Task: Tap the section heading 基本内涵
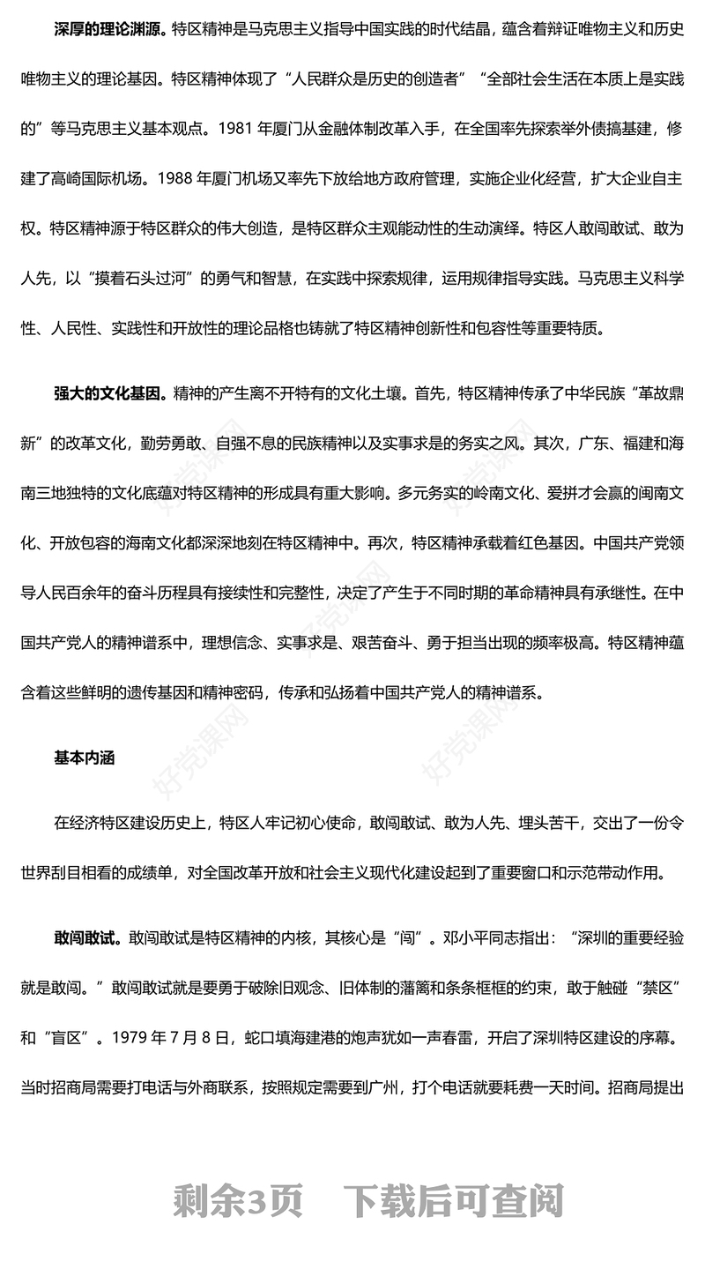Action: tap(85, 758)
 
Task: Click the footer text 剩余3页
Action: tap(238, 1201)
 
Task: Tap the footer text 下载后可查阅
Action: tap(453, 1201)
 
